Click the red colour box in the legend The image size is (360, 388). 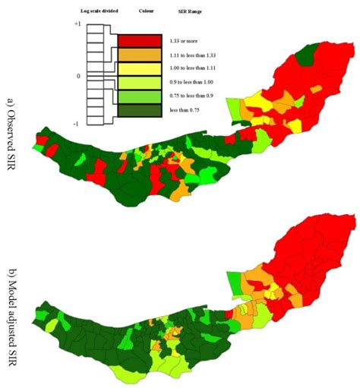click(x=139, y=40)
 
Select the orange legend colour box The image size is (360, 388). click(x=139, y=55)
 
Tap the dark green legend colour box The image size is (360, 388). click(x=139, y=111)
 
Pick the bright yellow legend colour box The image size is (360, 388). click(x=139, y=68)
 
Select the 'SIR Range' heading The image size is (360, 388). click(x=190, y=12)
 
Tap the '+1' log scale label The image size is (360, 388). click(x=77, y=24)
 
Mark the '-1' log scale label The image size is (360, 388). click(x=77, y=124)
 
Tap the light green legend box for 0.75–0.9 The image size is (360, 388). click(x=139, y=96)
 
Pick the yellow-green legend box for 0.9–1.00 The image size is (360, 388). click(x=139, y=83)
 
